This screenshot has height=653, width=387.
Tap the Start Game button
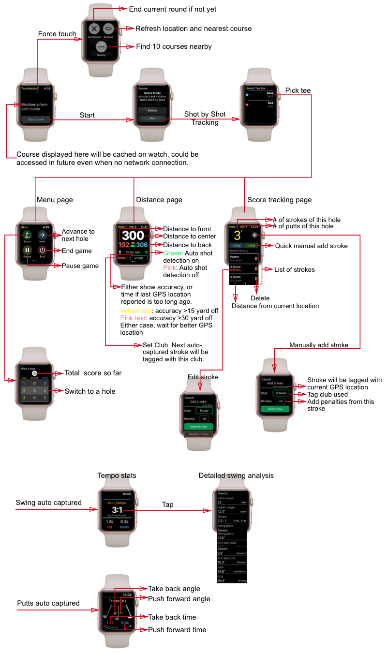tap(36, 119)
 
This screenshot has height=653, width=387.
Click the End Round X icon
tap(94, 29)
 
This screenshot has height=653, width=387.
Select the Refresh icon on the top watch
tap(108, 29)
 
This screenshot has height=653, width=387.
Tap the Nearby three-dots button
tap(101, 46)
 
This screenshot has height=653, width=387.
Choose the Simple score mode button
tap(152, 110)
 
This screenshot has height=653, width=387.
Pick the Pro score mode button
tap(152, 119)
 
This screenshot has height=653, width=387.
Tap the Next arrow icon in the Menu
tap(42, 235)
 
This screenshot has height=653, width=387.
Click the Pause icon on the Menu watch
tap(27, 250)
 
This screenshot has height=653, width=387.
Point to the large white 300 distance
tap(133, 236)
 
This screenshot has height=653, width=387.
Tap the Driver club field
tap(139, 258)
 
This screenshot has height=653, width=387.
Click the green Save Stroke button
tap(198, 427)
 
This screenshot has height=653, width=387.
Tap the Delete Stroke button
tap(198, 434)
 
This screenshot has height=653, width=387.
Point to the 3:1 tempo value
tap(117, 510)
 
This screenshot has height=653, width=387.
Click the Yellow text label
tap(136, 311)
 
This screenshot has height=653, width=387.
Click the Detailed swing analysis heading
tap(235, 475)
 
